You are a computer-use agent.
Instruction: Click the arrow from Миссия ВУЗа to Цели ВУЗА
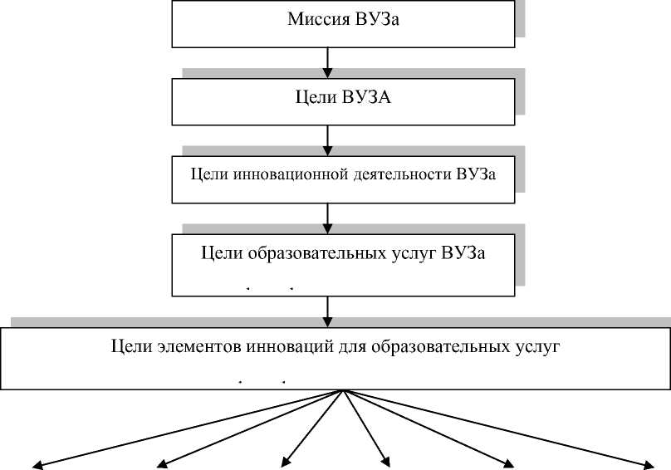pyautogui.click(x=330, y=61)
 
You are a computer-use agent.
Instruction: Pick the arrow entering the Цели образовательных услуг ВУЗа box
pyautogui.click(x=330, y=218)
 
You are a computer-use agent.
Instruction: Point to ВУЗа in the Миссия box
pyautogui.click(x=380, y=20)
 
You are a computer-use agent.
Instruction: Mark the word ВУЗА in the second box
pyautogui.click(x=366, y=100)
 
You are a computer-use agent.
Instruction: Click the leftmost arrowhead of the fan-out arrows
pyautogui.click(x=37, y=464)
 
